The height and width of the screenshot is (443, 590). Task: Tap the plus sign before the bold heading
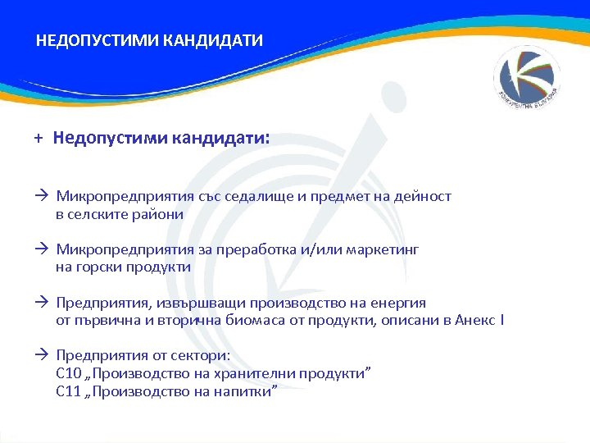click(x=38, y=139)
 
